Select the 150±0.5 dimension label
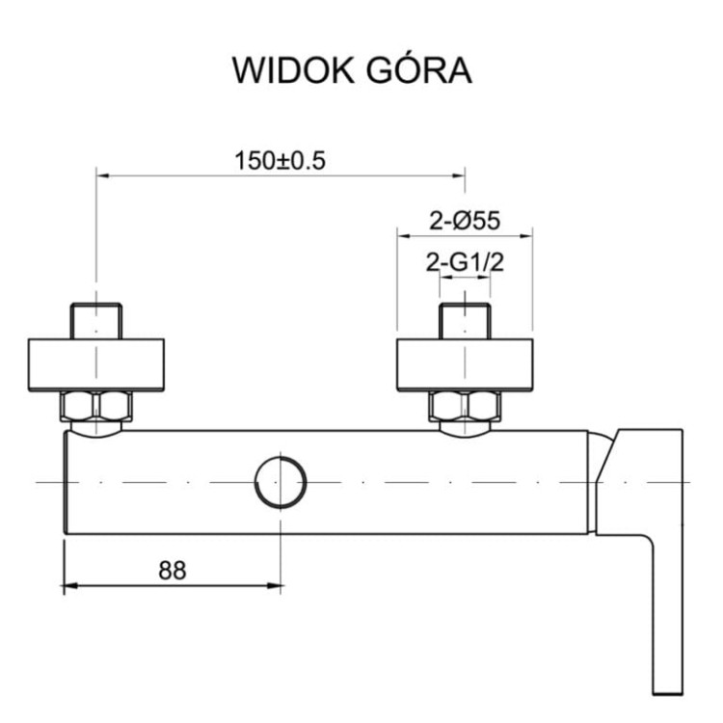(280, 160)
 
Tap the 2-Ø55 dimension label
(465, 221)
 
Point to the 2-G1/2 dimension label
(465, 260)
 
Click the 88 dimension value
(174, 569)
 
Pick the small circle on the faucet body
(280, 480)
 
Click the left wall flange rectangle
(95, 364)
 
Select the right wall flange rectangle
(465, 364)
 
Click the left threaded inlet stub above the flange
(95, 320)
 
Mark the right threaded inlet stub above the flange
(465, 320)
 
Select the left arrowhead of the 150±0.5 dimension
(101, 174)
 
